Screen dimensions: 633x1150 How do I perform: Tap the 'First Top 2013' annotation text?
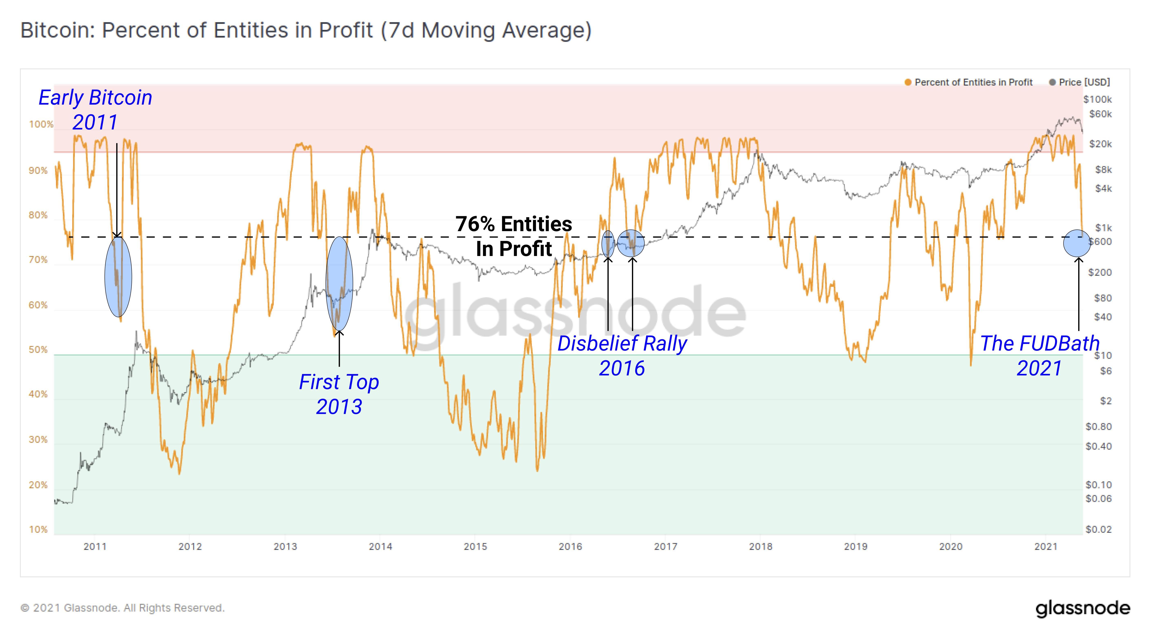click(x=339, y=394)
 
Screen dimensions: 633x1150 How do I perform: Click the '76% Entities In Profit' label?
click(x=514, y=236)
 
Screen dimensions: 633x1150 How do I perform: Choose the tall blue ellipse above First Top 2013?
click(x=339, y=284)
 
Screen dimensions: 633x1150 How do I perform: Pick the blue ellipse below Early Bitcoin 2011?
click(x=118, y=277)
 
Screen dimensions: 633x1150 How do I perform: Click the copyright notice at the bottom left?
click(x=122, y=608)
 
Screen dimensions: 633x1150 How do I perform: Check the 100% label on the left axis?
click(x=41, y=125)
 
